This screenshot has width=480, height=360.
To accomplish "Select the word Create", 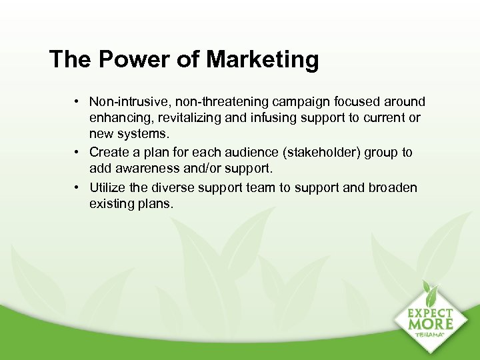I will click(108, 153).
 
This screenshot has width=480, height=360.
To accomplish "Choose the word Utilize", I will click(107, 188).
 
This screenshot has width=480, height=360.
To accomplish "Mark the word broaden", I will click(393, 188).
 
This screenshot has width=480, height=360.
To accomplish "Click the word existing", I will click(111, 204).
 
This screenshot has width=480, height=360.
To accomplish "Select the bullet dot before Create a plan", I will click(78, 153).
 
